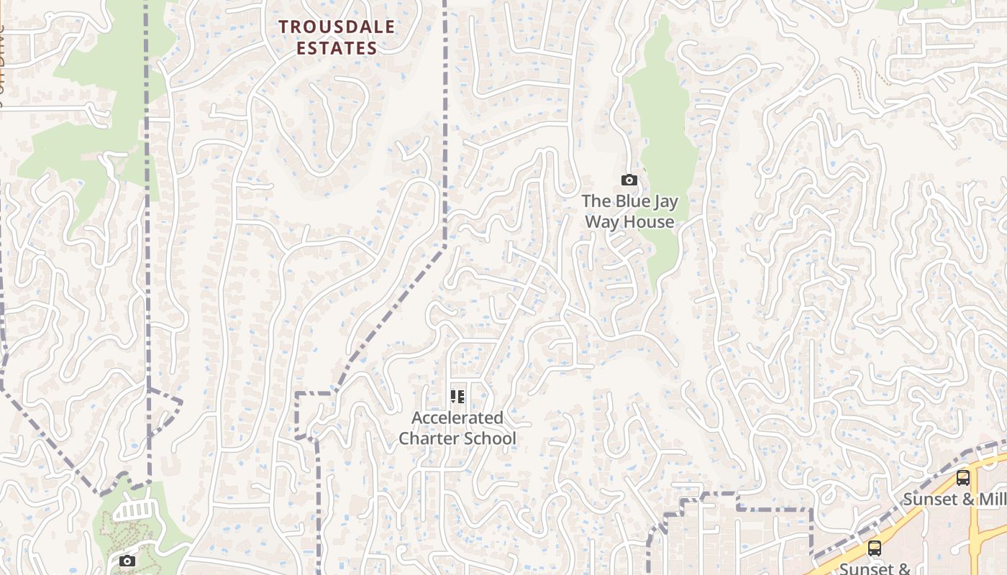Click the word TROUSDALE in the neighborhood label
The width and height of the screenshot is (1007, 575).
337,27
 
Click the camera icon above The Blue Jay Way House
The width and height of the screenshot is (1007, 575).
629,180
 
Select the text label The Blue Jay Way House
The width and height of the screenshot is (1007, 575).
629,211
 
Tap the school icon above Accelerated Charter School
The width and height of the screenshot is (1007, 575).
457,397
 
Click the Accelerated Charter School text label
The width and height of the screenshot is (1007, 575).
457,428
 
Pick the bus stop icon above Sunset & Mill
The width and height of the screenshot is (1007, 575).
963,477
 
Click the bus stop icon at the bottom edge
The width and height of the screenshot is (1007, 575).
875,548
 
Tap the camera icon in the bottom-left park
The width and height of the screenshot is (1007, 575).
127,561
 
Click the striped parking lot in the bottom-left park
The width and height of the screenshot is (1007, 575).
133,510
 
